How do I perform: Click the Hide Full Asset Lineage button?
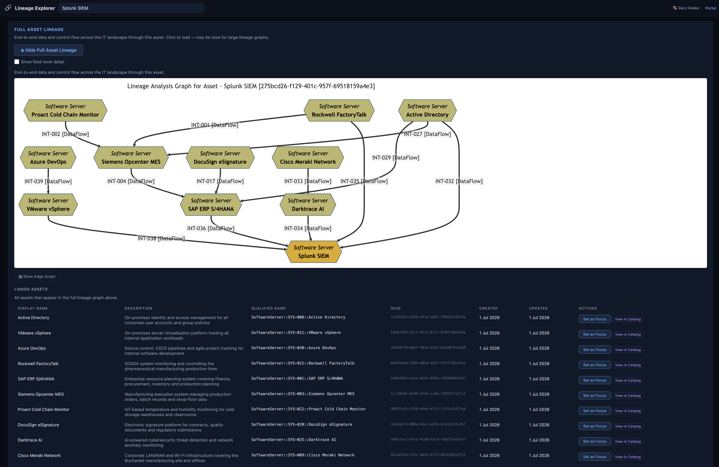(x=49, y=50)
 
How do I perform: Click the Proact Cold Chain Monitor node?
(x=65, y=110)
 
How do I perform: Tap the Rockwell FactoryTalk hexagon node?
(x=339, y=110)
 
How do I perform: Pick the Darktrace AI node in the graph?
(x=308, y=205)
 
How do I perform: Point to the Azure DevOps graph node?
(x=48, y=157)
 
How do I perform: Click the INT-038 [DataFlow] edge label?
(x=161, y=238)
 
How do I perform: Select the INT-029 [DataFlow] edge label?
(x=395, y=157)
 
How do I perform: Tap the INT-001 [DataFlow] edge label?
(x=214, y=125)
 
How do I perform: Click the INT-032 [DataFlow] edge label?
(x=459, y=181)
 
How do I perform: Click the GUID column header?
(x=395, y=308)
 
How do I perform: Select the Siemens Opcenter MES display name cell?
(x=41, y=394)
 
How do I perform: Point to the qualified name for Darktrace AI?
(x=294, y=440)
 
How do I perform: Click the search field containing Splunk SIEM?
(x=131, y=8)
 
